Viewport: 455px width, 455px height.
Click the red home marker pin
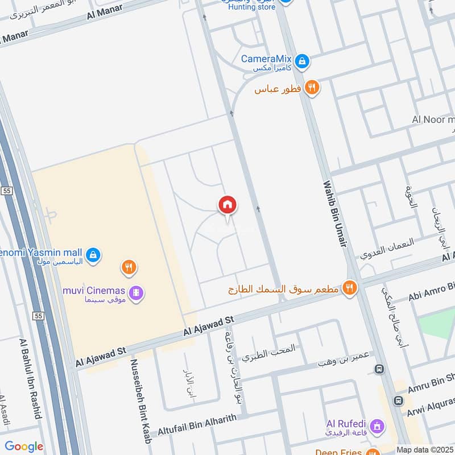click(227, 205)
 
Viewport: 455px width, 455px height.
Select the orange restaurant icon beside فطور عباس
click(312, 88)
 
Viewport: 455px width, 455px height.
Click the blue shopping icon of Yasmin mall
click(94, 255)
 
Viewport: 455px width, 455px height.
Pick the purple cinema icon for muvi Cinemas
click(136, 293)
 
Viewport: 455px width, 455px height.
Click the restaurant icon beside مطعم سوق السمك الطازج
click(350, 288)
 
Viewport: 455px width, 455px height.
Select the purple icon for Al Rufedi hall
click(376, 425)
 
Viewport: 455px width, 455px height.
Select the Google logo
click(24, 446)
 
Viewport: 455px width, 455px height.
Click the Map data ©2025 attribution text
click(424, 450)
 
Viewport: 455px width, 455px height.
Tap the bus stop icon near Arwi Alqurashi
click(399, 400)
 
